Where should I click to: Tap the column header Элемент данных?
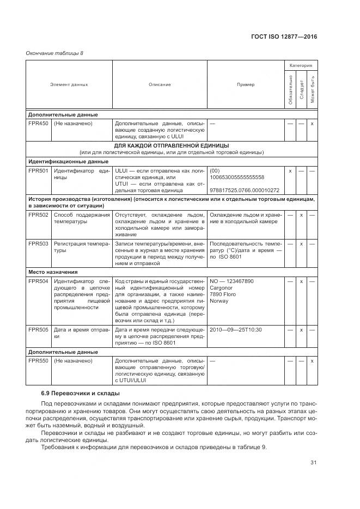click(x=69, y=85)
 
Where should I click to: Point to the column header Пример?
click(x=246, y=85)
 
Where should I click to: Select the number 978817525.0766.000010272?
click(x=244, y=191)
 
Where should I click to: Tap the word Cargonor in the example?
click(x=221, y=289)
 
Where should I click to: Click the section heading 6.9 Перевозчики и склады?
click(x=80, y=393)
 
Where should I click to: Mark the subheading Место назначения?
click(x=53, y=272)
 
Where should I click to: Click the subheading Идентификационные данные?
click(x=68, y=162)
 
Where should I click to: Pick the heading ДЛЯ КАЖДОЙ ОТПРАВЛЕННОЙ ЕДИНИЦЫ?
click(x=171, y=146)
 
